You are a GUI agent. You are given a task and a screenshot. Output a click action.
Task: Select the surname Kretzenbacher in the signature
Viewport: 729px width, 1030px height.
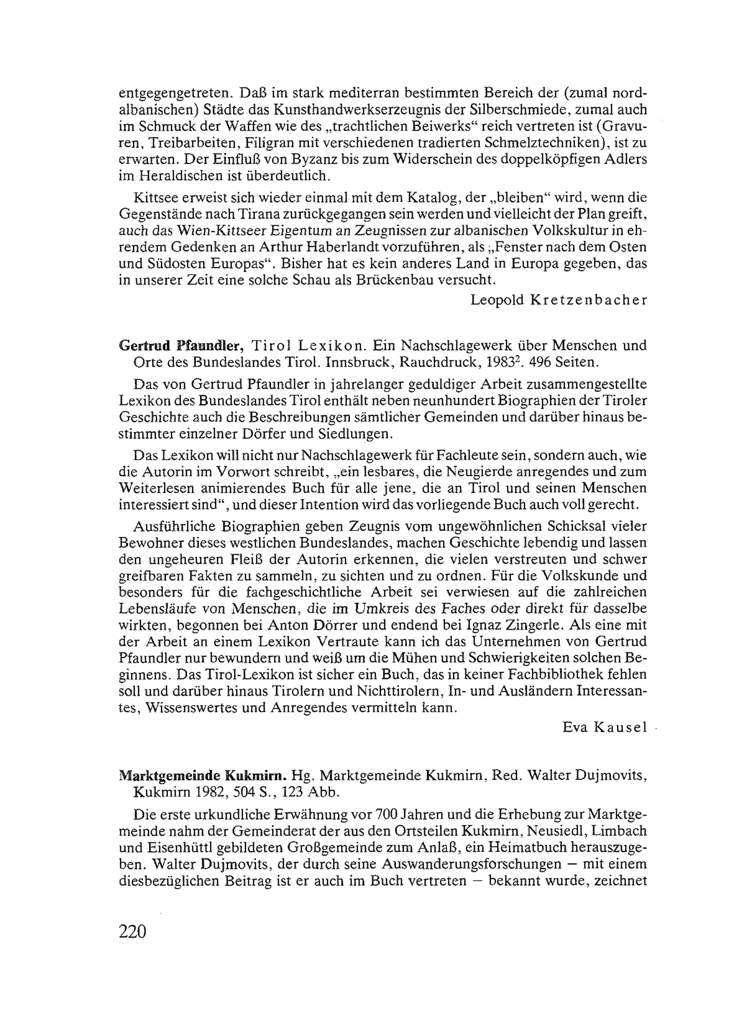pos(589,300)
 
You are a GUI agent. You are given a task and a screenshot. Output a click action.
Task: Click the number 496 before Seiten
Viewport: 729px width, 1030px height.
pos(539,362)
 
